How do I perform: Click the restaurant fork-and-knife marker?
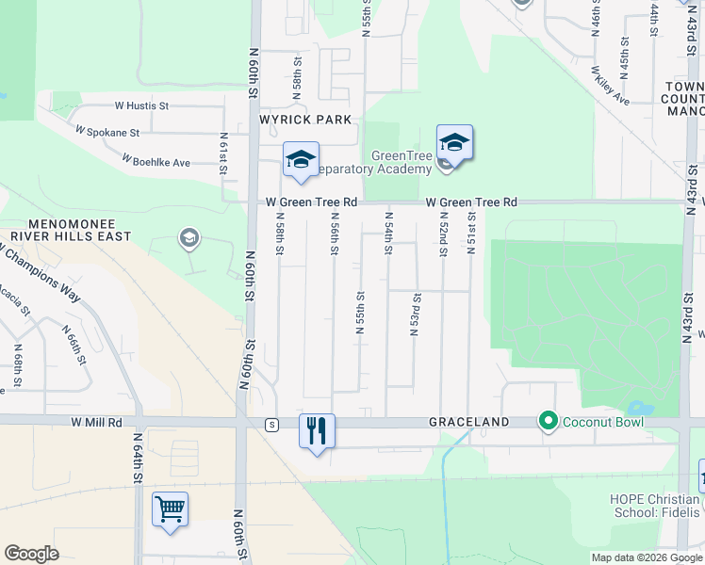tap(317, 431)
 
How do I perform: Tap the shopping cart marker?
tap(170, 509)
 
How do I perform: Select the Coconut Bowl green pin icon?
tap(547, 420)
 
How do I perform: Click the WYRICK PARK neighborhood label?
tap(307, 120)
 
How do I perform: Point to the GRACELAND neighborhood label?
tap(469, 422)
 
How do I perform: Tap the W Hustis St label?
tap(141, 106)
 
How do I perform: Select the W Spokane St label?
tap(107, 133)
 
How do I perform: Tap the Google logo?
tap(31, 554)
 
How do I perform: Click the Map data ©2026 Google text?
tap(647, 557)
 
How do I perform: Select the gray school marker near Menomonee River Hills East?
tap(189, 239)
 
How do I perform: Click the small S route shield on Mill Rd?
tap(271, 424)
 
